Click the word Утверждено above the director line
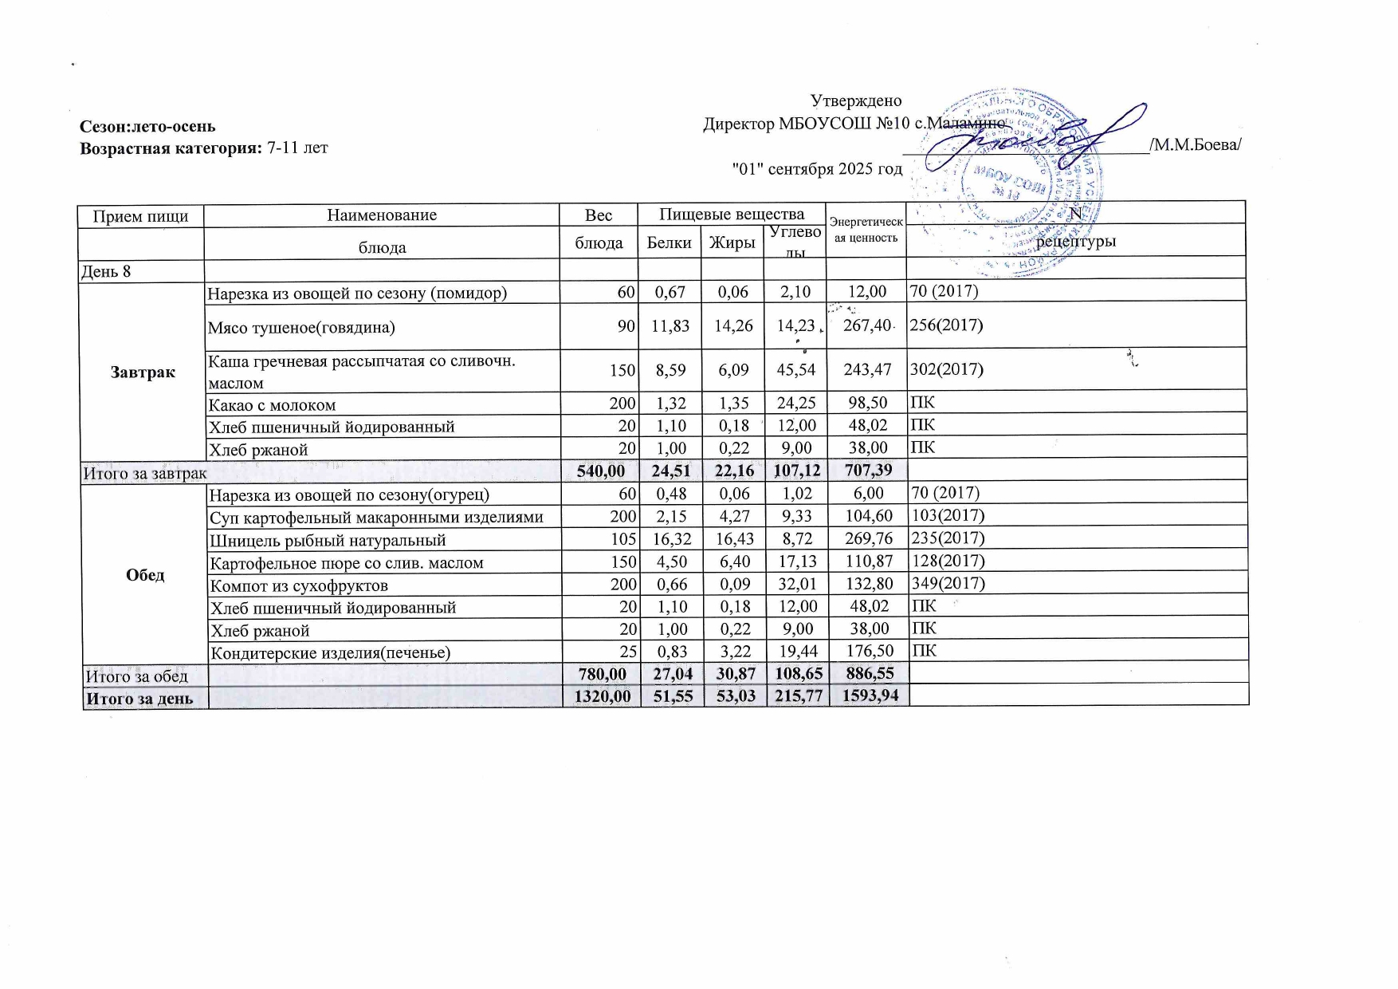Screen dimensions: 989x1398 point(855,101)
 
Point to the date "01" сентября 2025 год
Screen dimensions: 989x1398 point(817,169)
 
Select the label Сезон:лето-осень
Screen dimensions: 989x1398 point(147,126)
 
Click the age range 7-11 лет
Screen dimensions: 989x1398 point(298,148)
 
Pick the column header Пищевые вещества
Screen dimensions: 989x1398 point(731,214)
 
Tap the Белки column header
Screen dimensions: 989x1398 point(669,242)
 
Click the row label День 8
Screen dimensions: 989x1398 point(106,271)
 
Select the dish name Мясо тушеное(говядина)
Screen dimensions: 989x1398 point(301,327)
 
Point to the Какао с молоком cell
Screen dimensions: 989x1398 point(272,405)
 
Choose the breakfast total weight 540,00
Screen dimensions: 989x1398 point(600,471)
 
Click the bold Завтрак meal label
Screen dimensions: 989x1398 point(143,372)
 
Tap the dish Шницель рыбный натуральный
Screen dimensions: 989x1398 point(327,541)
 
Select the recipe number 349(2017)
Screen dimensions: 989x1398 point(948,583)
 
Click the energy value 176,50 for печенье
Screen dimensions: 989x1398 point(866,652)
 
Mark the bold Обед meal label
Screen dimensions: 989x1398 point(145,575)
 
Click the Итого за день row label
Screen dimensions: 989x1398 point(139,699)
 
